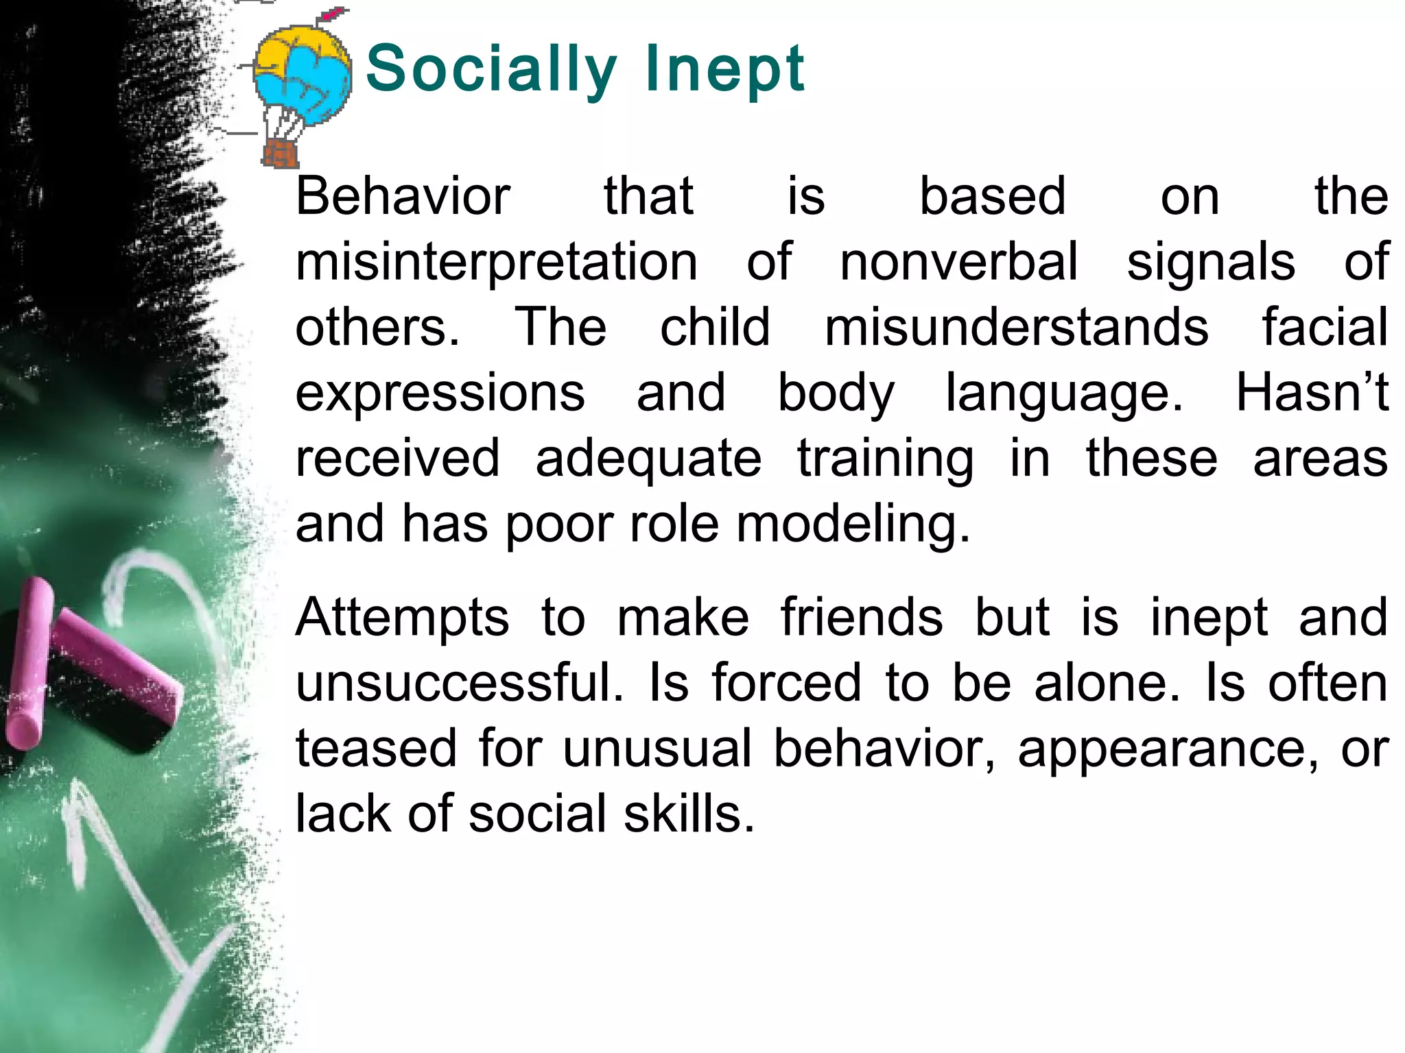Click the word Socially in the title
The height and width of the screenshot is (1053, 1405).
[x=491, y=69]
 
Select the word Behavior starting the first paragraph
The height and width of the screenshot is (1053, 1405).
[x=403, y=197]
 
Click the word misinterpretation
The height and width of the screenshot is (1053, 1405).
[x=497, y=263]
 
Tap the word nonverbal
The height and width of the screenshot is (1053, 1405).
[x=959, y=263]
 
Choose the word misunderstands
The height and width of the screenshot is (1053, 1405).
[x=1017, y=328]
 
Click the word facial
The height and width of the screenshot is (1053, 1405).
[x=1325, y=328]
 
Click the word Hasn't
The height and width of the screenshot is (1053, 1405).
[x=1312, y=393]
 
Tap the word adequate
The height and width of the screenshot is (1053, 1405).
[x=648, y=459]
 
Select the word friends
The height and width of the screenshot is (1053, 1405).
[x=862, y=617]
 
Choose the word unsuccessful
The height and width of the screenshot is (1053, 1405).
[x=460, y=683]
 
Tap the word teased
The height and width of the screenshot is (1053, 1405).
[x=376, y=749]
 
